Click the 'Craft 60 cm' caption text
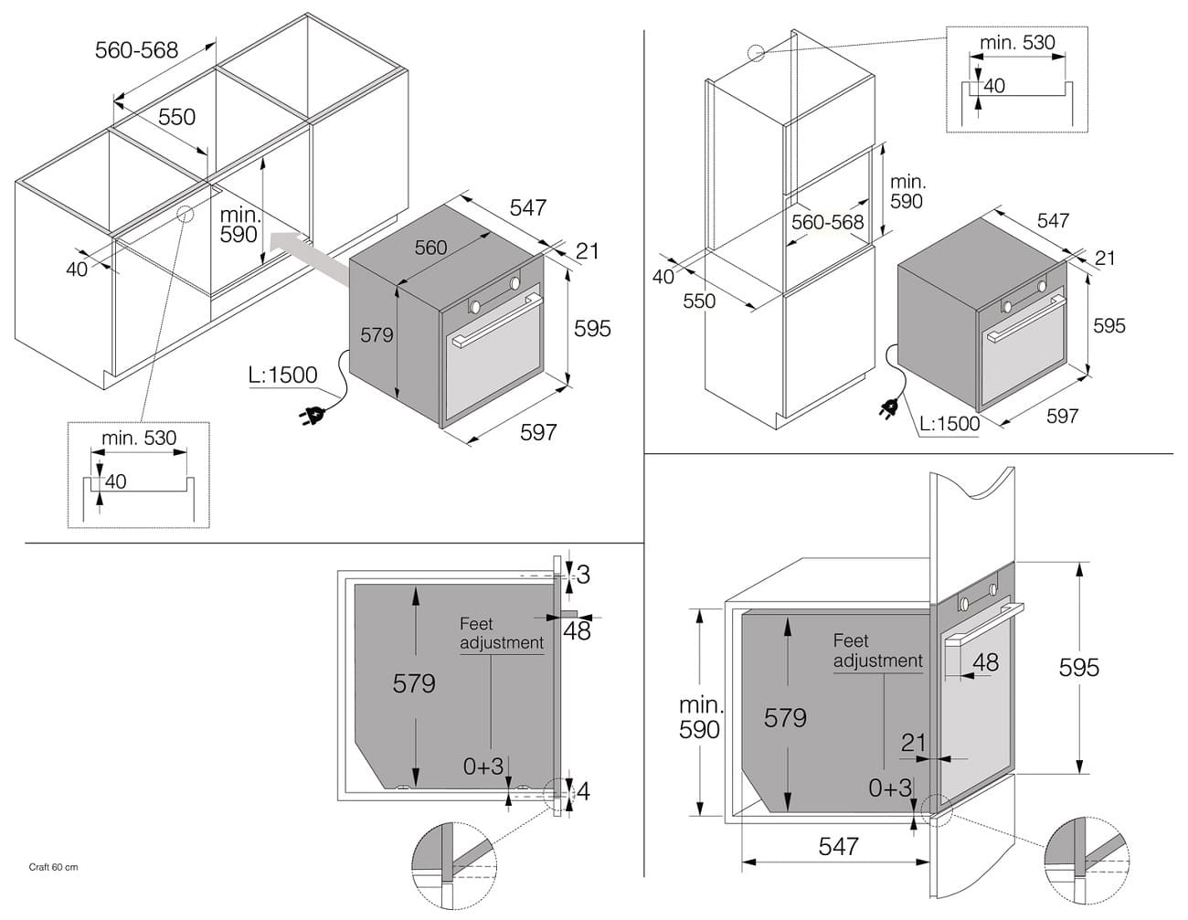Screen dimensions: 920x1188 (53, 867)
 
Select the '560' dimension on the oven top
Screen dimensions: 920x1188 (430, 247)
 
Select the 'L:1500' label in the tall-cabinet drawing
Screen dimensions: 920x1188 (949, 423)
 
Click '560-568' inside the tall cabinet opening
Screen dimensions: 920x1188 (827, 222)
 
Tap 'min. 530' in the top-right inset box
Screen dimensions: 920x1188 (1017, 43)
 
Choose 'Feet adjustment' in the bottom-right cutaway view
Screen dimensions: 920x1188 (877, 650)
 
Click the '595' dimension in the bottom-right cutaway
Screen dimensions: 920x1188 (1078, 668)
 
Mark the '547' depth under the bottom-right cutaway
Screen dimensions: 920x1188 (838, 847)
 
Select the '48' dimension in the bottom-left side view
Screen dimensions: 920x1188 (577, 630)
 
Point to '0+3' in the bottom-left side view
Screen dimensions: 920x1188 (483, 767)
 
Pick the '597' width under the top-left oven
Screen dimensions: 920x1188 (537, 431)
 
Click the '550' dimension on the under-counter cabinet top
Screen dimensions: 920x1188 (176, 117)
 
